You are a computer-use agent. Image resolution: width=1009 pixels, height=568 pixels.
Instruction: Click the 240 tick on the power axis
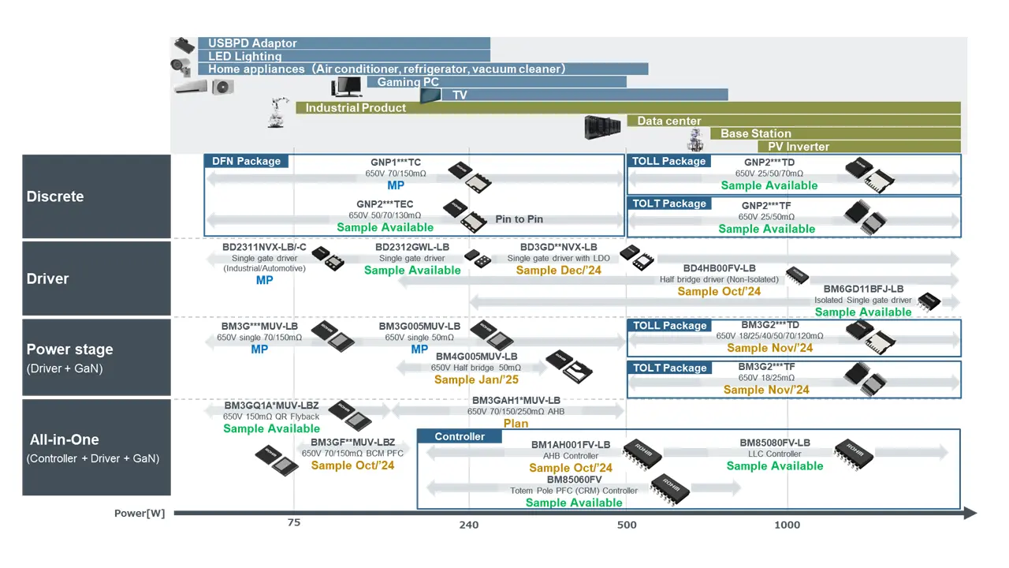coord(468,525)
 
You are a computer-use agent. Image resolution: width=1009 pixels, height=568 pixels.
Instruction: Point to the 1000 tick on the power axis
coord(787,525)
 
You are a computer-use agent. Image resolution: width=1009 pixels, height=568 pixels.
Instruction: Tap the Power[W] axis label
coord(140,514)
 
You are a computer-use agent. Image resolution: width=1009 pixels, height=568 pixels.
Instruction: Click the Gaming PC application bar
coord(497,82)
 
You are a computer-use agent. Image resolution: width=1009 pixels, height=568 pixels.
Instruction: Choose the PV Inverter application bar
coord(859,147)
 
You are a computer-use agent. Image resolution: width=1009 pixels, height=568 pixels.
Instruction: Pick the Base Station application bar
coord(836,133)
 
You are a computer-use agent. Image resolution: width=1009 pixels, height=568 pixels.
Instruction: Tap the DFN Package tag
coord(246,161)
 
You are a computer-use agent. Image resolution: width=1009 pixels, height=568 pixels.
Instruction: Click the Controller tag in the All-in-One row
coord(460,436)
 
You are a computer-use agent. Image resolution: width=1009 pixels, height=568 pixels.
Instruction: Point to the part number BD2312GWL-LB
coord(412,247)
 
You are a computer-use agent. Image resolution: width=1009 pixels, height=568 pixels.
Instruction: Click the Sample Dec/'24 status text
coord(558,270)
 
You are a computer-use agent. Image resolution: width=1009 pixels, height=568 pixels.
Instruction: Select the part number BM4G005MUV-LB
coord(476,357)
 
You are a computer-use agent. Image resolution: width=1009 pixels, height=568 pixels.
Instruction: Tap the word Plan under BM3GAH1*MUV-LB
coord(516,424)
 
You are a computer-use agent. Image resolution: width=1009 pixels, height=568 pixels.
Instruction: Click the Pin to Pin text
coord(519,219)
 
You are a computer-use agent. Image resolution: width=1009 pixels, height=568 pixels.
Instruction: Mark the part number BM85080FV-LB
coord(775,443)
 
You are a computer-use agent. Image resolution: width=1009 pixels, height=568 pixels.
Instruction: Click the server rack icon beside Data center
coord(602,127)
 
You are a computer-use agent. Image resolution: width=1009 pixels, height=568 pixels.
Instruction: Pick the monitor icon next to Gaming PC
coord(346,86)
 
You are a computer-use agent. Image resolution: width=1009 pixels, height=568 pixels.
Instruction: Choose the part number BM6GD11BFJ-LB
coord(863,289)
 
